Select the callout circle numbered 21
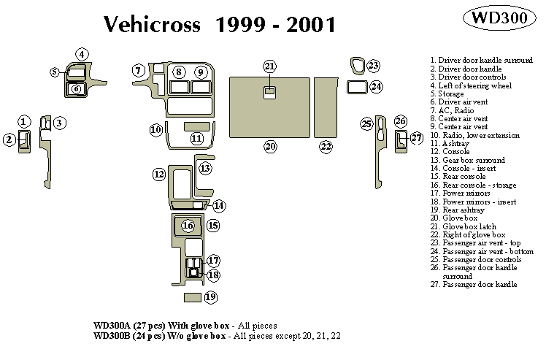pos(270,66)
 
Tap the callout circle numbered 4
pos(82,54)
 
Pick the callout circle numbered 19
pos(211,297)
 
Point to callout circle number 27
pos(416,137)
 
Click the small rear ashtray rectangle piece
pos(192,297)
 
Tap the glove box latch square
pos(269,92)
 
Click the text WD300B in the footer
pos(113,337)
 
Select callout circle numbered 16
pos(188,225)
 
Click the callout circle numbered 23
pos(373,66)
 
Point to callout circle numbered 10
pos(155,130)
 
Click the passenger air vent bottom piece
pos(356,88)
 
